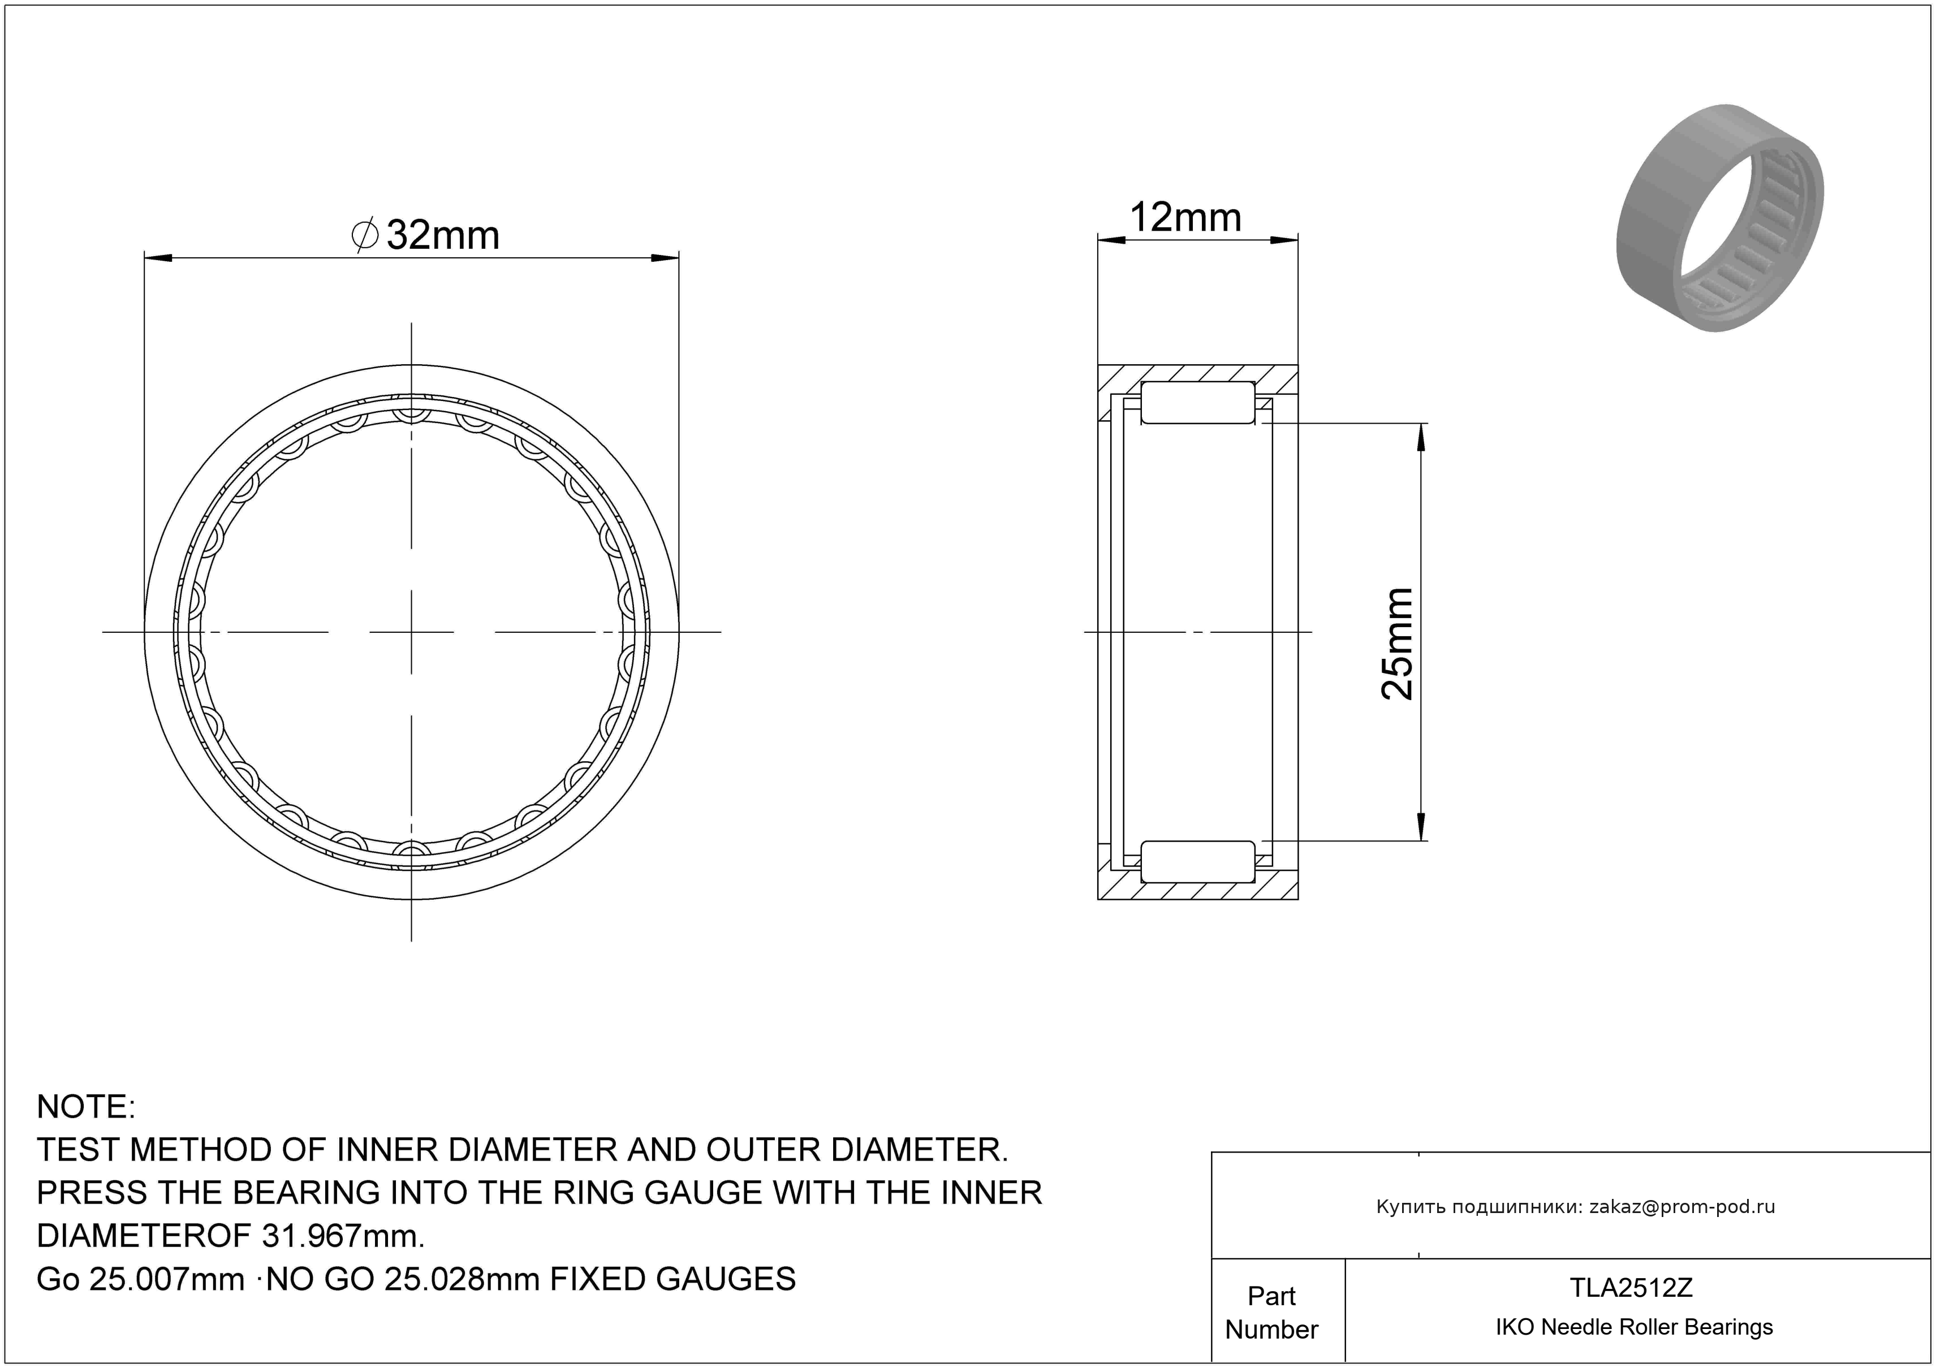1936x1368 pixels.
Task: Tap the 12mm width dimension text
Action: tap(1185, 218)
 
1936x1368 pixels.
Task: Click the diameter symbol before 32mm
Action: tap(364, 235)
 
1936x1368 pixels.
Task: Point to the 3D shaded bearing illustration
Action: tap(1720, 218)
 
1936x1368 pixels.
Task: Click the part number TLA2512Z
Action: tap(1631, 1288)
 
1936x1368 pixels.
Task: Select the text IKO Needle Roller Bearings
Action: tap(1634, 1327)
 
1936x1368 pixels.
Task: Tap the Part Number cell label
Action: tap(1271, 1313)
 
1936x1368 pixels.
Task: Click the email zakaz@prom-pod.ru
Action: tap(1682, 1207)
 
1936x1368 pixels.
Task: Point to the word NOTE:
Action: tap(86, 1107)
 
